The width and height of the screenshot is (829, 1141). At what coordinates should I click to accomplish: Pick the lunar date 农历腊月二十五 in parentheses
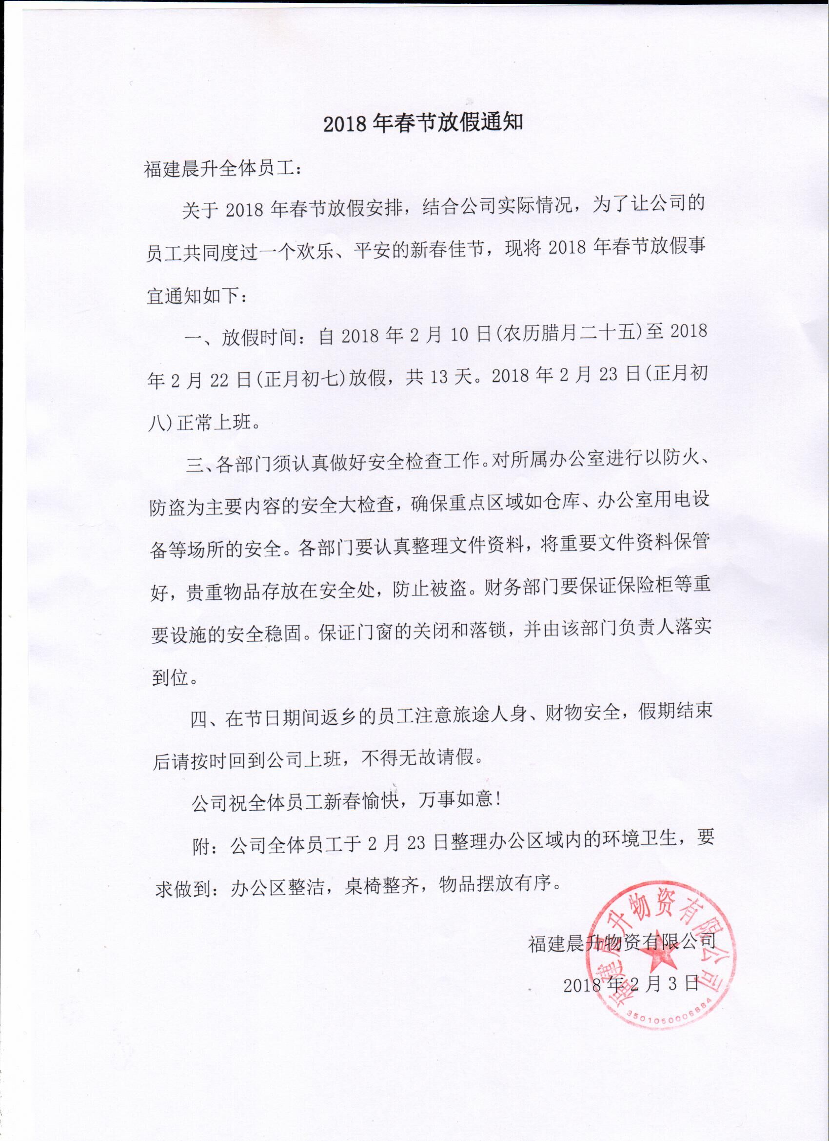(x=567, y=333)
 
